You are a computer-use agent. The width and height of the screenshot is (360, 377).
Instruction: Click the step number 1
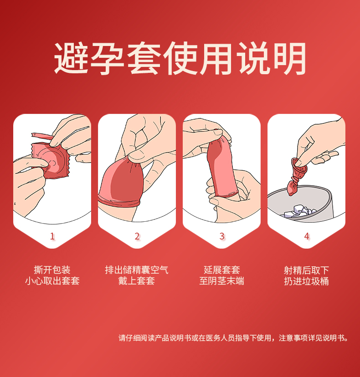(x=52, y=236)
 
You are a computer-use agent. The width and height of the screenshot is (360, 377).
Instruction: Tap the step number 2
(x=137, y=236)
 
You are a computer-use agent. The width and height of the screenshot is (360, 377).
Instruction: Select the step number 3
(x=222, y=236)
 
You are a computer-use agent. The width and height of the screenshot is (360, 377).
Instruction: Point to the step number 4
(x=307, y=236)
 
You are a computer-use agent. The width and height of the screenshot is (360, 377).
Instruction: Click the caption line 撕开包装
(x=52, y=270)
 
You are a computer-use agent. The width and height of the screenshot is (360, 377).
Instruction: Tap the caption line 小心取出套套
(x=52, y=281)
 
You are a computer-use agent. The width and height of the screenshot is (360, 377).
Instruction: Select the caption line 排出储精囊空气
(x=137, y=270)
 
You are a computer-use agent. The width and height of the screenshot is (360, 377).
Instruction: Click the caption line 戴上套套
(x=137, y=281)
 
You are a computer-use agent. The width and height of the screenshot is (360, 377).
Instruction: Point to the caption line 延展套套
(x=222, y=270)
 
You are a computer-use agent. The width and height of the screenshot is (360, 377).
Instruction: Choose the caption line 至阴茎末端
(x=222, y=281)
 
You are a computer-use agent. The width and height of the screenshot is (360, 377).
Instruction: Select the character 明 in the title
(x=289, y=58)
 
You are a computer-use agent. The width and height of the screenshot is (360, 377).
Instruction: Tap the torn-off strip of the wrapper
(x=42, y=136)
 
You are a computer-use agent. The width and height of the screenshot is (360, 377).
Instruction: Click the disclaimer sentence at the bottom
(x=233, y=338)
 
